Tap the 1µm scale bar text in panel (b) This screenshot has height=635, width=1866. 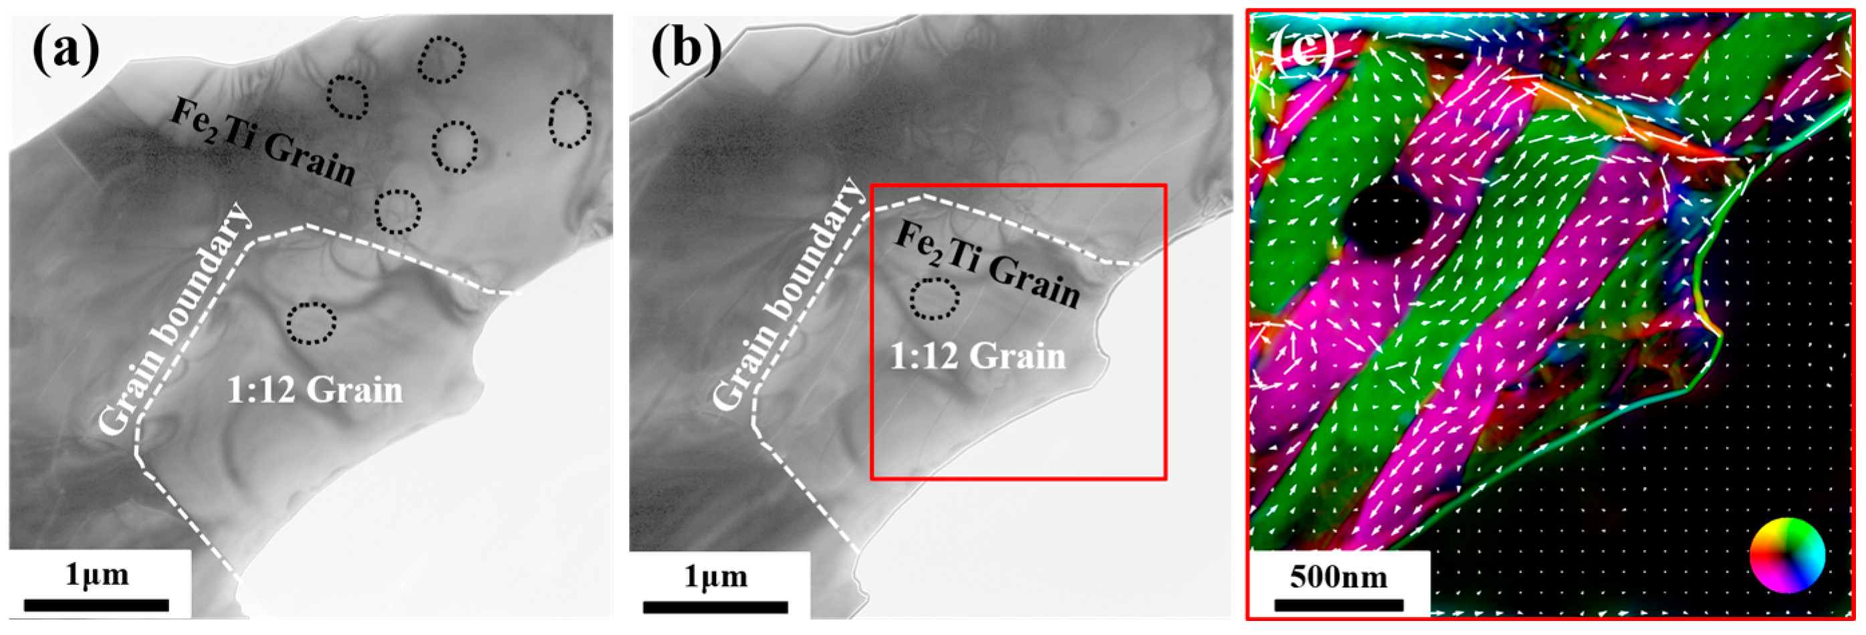pyautogui.click(x=715, y=576)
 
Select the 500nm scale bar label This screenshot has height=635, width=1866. pyautogui.click(x=1338, y=577)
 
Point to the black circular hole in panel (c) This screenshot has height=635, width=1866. pyautogui.click(x=1386, y=219)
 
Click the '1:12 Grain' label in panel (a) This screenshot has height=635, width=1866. pyautogui.click(x=315, y=391)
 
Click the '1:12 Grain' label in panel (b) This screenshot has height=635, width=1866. pyautogui.click(x=978, y=356)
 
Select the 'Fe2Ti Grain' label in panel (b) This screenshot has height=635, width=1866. pyautogui.click(x=987, y=264)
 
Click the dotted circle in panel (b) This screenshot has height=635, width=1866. pyautogui.click(x=935, y=299)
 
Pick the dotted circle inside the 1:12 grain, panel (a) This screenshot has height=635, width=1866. pyautogui.click(x=312, y=324)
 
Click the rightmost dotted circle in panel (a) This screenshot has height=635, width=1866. pyautogui.click(x=570, y=120)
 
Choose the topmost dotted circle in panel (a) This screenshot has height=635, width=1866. pyautogui.click(x=441, y=60)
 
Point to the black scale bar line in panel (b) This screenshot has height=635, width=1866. pyautogui.click(x=715, y=607)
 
